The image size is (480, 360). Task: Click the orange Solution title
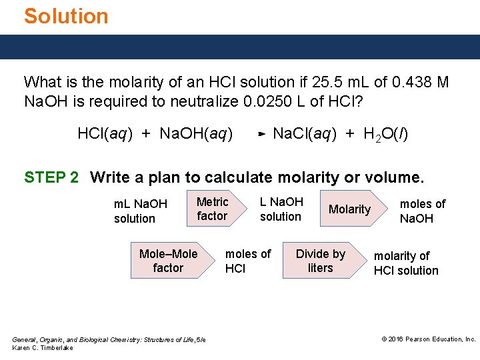(x=66, y=16)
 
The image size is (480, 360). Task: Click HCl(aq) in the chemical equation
(x=105, y=134)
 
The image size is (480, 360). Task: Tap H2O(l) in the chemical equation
(x=385, y=134)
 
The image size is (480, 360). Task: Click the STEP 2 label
(x=51, y=177)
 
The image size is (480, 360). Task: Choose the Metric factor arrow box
(x=213, y=209)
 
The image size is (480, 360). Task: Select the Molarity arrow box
(x=350, y=209)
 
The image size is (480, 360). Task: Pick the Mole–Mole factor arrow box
(x=169, y=261)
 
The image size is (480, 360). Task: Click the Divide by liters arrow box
(x=321, y=261)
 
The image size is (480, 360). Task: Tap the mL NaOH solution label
(x=140, y=211)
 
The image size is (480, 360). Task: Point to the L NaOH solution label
(x=281, y=209)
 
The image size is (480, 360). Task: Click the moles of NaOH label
(x=422, y=211)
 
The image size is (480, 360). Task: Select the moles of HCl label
(x=247, y=261)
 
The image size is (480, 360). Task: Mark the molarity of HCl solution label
(x=405, y=263)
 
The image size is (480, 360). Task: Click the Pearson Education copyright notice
(x=428, y=339)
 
